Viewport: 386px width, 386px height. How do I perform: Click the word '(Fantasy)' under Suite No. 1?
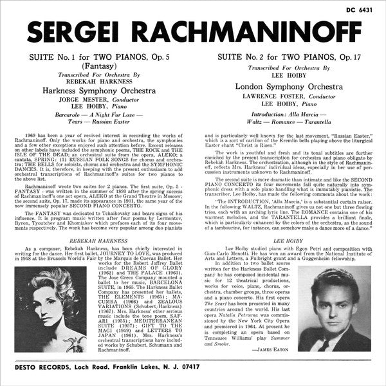(x=95, y=66)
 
